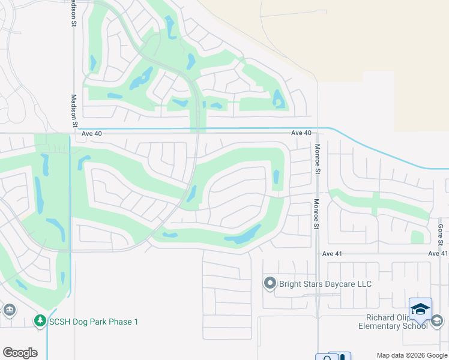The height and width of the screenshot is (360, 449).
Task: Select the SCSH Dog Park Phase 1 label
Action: click(x=94, y=322)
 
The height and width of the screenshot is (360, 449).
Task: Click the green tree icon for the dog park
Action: click(x=40, y=322)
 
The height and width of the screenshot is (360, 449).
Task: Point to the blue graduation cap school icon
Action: click(x=420, y=309)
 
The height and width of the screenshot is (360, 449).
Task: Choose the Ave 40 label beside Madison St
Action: click(x=92, y=134)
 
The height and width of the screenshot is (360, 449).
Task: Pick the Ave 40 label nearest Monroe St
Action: click(x=301, y=133)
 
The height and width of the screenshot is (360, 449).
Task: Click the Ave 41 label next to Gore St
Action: click(x=438, y=254)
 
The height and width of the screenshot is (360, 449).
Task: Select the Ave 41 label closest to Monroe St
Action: click(x=332, y=254)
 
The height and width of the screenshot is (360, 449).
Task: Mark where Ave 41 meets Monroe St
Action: click(x=317, y=254)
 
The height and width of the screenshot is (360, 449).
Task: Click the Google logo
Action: click(x=20, y=353)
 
